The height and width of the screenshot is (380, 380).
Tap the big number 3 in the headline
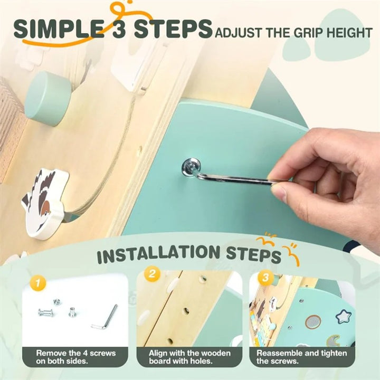pyautogui.click(x=119, y=29)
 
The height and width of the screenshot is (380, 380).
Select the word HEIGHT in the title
pyautogui.click(x=349, y=33)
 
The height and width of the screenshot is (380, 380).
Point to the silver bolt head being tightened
pyautogui.click(x=191, y=166)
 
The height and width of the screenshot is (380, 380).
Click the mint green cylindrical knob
pyautogui.click(x=48, y=98)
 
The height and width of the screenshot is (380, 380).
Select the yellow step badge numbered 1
pyautogui.click(x=38, y=283)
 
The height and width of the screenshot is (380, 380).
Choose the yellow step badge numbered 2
pyautogui.click(x=152, y=274)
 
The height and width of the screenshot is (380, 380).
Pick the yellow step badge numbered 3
pyautogui.click(x=265, y=277)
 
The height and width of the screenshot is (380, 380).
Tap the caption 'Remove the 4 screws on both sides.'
pyautogui.click(x=76, y=357)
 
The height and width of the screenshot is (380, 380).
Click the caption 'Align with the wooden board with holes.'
pyautogui.click(x=189, y=357)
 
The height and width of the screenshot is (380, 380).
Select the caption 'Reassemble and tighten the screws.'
pyautogui.click(x=302, y=357)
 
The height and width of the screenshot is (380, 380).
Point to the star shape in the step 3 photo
pyautogui.click(x=344, y=316)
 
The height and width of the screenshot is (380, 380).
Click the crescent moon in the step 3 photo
pyautogui.click(x=333, y=341)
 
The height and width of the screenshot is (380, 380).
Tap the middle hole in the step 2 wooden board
pyautogui.click(x=186, y=310)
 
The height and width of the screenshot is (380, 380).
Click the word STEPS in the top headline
pyautogui.click(x=173, y=29)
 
